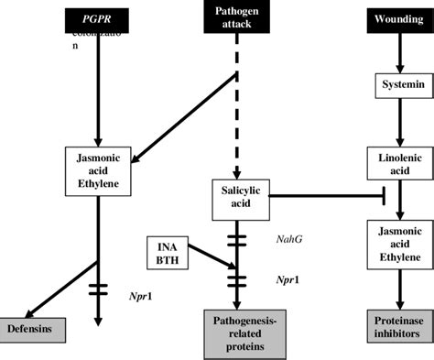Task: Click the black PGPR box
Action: pos(98,17)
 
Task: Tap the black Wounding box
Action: pos(398,17)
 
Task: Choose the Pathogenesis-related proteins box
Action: pos(237,333)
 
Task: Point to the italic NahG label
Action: pos(289,238)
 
